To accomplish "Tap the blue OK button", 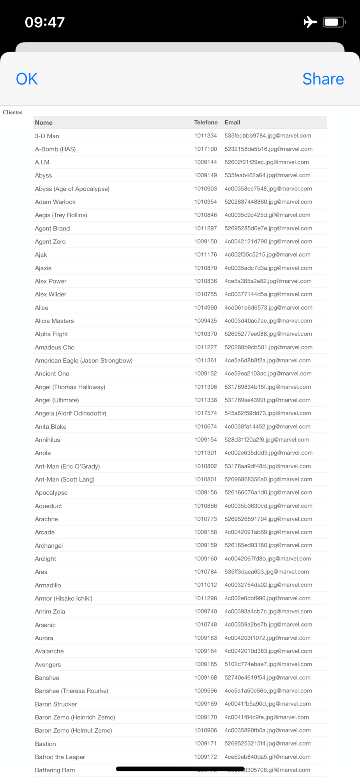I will coord(26,79).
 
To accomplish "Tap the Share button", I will coord(323,79).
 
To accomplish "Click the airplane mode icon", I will coord(310,22).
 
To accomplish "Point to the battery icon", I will coord(334,22).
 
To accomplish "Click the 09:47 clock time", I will coord(45,22).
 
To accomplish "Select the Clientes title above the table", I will coord(12,112).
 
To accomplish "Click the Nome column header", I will coord(44,123).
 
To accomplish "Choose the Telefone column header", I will coord(206,122).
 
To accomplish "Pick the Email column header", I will coord(232,122).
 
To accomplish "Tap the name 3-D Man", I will coord(47,136).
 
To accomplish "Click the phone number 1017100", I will coord(206,149).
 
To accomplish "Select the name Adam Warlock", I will coord(55,202).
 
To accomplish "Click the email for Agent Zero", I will coord(268,241).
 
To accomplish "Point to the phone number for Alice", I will coord(206,308).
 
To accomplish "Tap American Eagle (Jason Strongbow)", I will coord(84,361).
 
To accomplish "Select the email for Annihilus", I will coord(267,440).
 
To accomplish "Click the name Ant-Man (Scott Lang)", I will coord(65,479).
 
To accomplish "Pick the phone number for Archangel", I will coord(206,545).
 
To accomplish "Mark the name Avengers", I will coord(48,664).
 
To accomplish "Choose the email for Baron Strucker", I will coord(268,704).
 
